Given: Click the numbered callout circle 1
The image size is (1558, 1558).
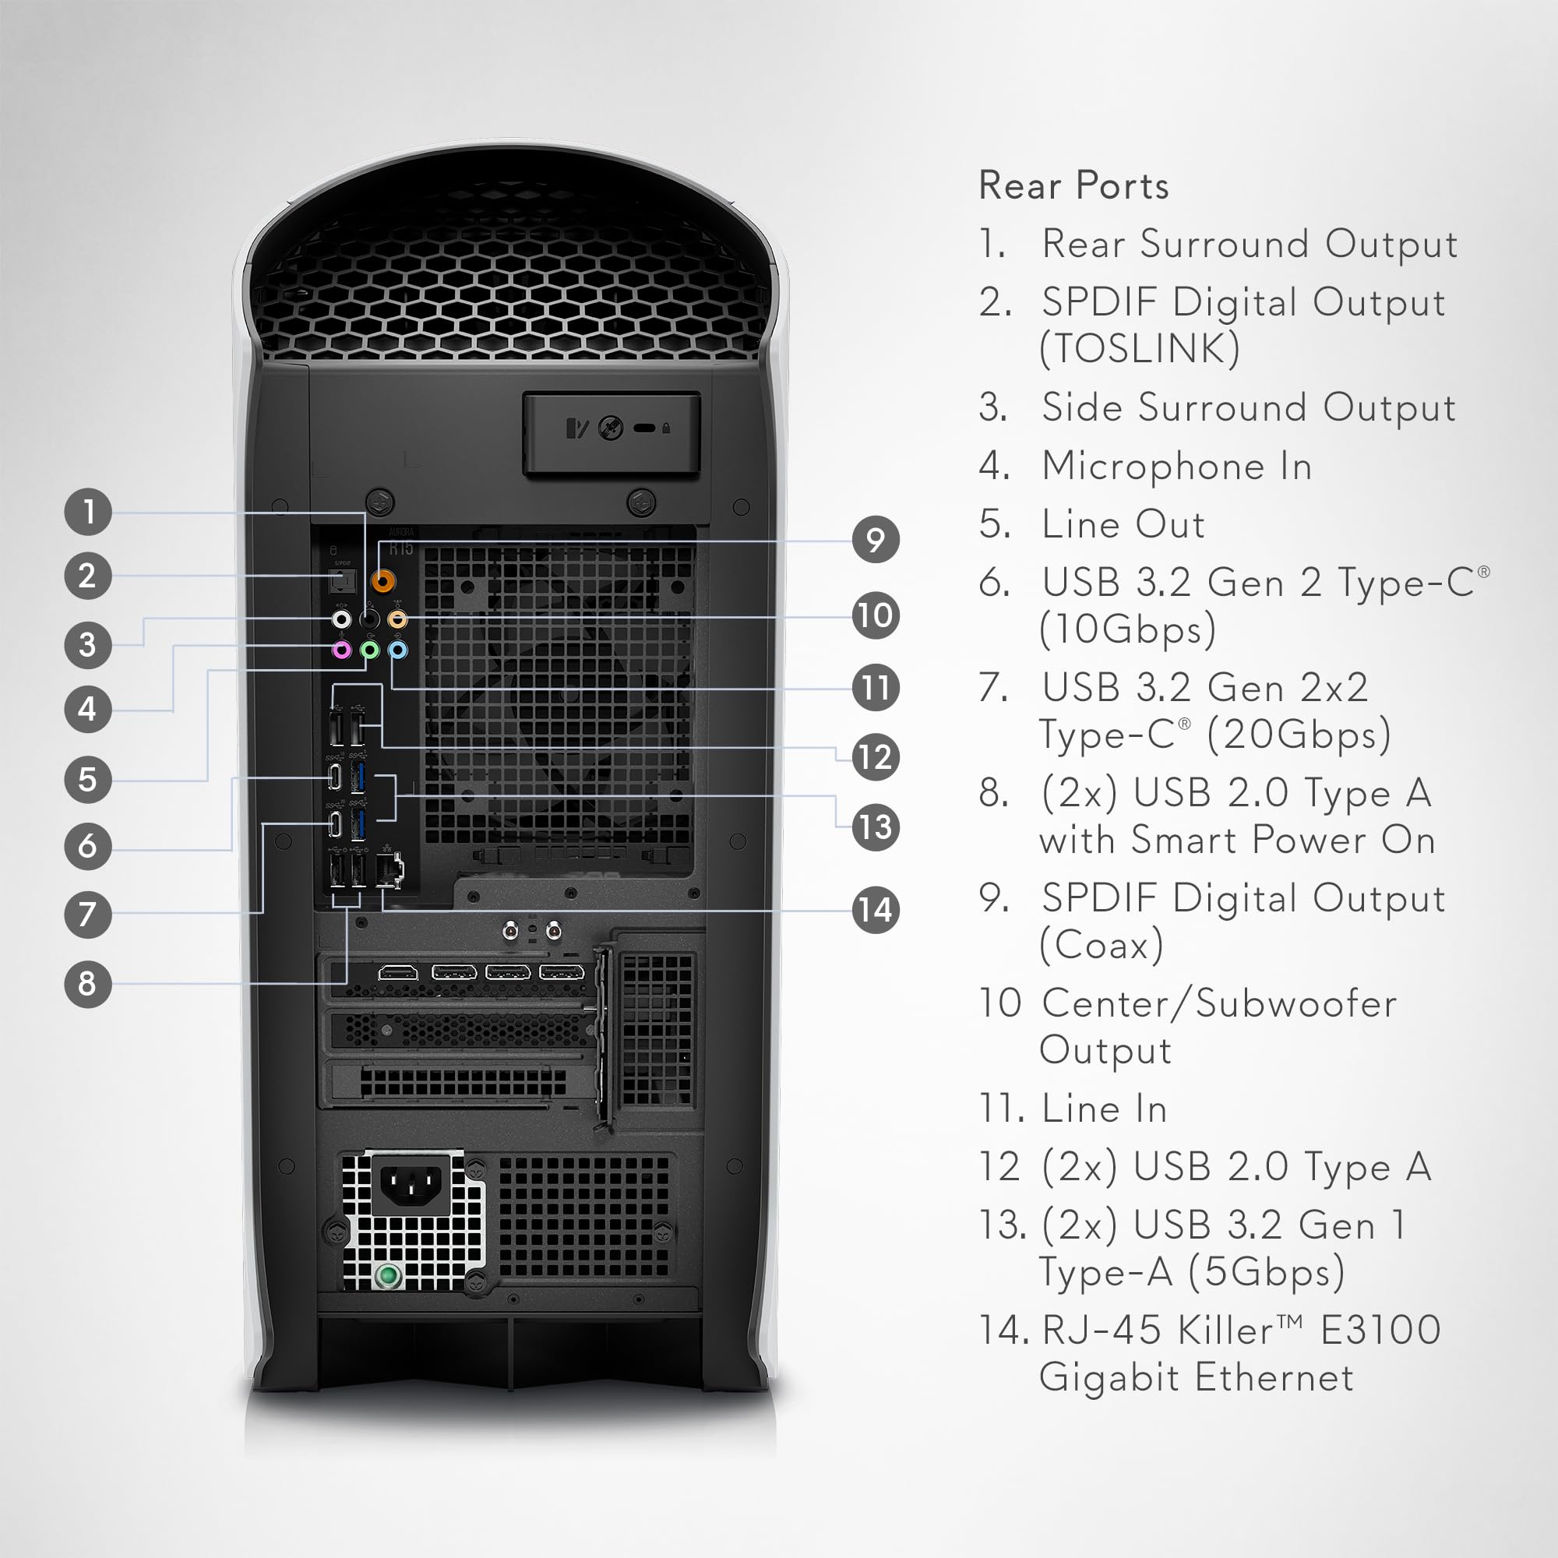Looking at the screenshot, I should tap(88, 511).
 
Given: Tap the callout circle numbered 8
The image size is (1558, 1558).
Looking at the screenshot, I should tap(88, 983).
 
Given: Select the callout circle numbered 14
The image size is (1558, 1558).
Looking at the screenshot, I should tap(876, 910).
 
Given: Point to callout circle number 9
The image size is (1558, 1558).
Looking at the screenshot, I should tap(876, 540).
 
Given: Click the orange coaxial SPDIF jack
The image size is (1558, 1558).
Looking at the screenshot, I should tap(383, 580).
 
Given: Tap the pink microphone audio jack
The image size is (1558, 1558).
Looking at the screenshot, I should tap(342, 650).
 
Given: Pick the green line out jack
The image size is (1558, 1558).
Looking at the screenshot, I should tap(369, 650).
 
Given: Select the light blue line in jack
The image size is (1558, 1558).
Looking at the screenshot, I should tap(397, 650).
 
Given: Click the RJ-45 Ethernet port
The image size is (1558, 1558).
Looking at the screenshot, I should tap(389, 871).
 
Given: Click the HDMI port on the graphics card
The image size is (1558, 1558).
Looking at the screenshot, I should tap(398, 972).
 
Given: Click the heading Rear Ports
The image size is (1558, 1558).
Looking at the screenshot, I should tap(1073, 185).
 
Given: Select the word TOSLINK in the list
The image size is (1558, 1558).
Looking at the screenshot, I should tap(1139, 349).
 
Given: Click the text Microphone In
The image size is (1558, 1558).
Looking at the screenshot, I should tap(1176, 466).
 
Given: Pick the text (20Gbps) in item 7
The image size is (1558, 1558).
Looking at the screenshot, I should tap(1299, 735).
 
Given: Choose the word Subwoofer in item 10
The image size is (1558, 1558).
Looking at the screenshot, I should tap(1296, 1004).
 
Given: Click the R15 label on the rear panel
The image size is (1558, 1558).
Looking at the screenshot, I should tap(400, 549).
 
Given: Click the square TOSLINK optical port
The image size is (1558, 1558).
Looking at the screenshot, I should tap(343, 580).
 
